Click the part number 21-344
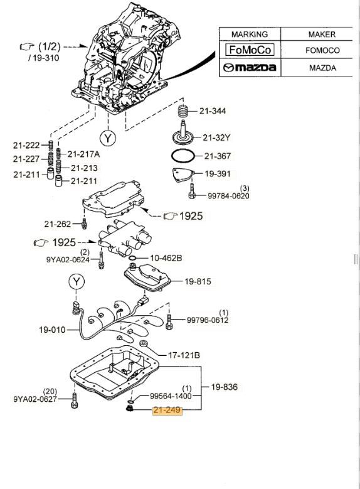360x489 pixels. pyautogui.click(x=213, y=111)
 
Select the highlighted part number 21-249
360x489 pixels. pyautogui.click(x=166, y=411)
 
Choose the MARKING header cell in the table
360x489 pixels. pyautogui.click(x=249, y=35)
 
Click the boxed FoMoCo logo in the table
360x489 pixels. pyautogui.click(x=250, y=50)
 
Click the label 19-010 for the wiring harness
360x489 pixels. pyautogui.click(x=53, y=328)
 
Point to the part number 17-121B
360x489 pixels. pyautogui.click(x=183, y=355)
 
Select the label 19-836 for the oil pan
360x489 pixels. pyautogui.click(x=224, y=387)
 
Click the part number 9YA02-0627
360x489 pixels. pyautogui.click(x=36, y=398)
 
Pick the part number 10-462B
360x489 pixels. pyautogui.click(x=165, y=258)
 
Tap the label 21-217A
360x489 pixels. pyautogui.click(x=84, y=154)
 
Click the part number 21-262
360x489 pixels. pyautogui.click(x=57, y=223)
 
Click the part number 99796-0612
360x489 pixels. pyautogui.click(x=208, y=320)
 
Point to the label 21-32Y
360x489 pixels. pyautogui.click(x=216, y=137)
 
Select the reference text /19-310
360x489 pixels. pyautogui.click(x=42, y=57)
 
